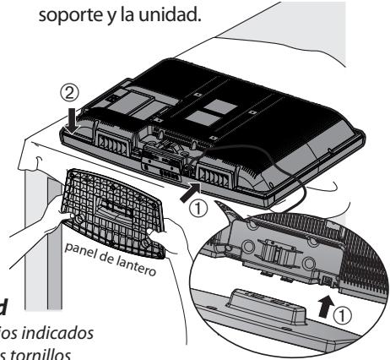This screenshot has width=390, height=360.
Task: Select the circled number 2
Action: (x=74, y=91)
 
